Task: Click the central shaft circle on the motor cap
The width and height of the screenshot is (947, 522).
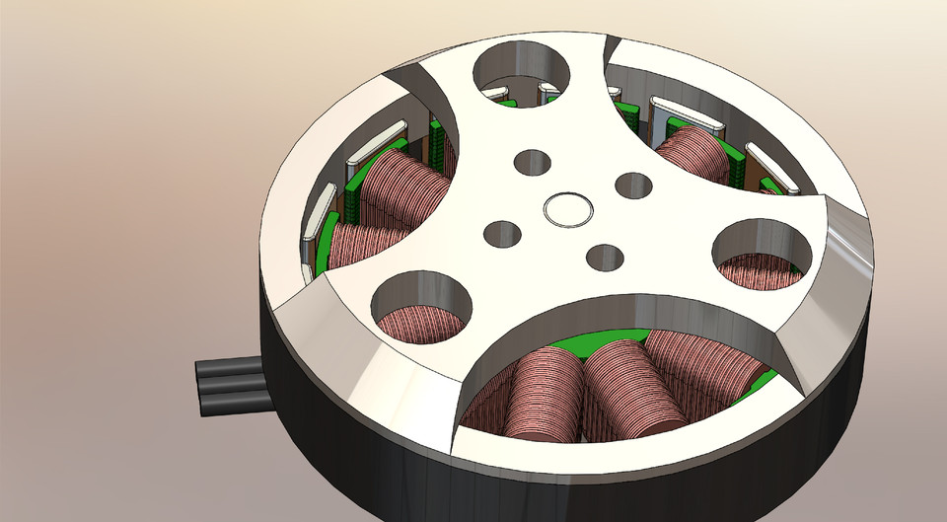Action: [568, 209]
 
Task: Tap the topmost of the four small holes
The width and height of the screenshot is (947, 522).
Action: [533, 163]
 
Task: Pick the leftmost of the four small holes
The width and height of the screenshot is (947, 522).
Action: [503, 235]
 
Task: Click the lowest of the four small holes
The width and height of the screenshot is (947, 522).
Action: [604, 257]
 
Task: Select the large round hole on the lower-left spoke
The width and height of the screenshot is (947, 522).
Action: [419, 309]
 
